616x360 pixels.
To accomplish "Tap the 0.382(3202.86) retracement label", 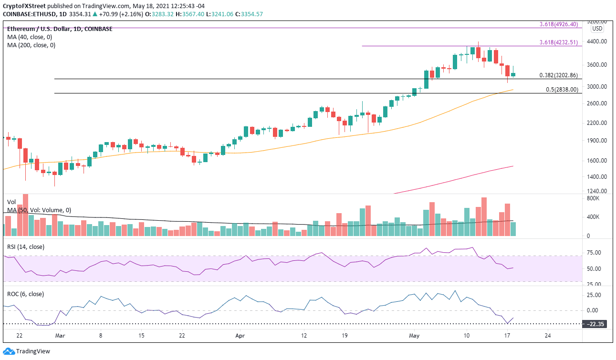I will coord(558,75).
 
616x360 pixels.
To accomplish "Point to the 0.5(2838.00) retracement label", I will coord(562,90).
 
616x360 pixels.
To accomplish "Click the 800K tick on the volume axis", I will coord(594,198).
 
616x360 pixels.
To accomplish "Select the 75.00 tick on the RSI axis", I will coord(594,253).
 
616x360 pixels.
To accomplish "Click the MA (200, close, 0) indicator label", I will coord(31,45).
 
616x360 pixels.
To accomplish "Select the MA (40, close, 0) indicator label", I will coord(30,37).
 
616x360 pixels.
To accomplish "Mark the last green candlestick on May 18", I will coord(513,74).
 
